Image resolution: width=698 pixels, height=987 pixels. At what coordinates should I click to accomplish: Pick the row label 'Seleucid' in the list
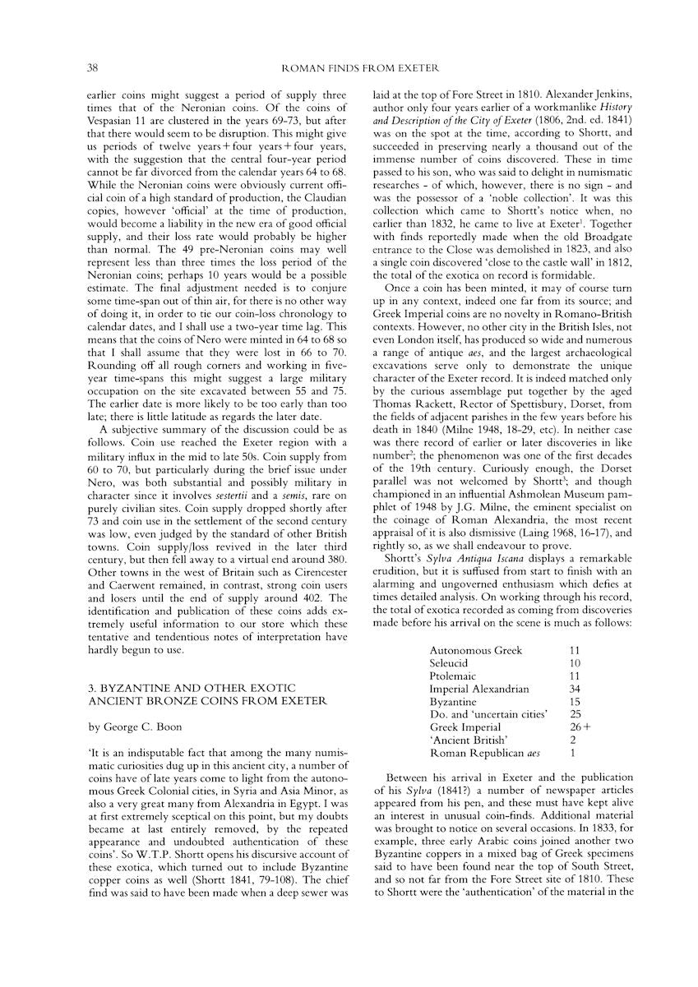tap(451, 662)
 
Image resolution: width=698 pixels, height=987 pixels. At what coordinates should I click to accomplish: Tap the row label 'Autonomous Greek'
tap(476, 650)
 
